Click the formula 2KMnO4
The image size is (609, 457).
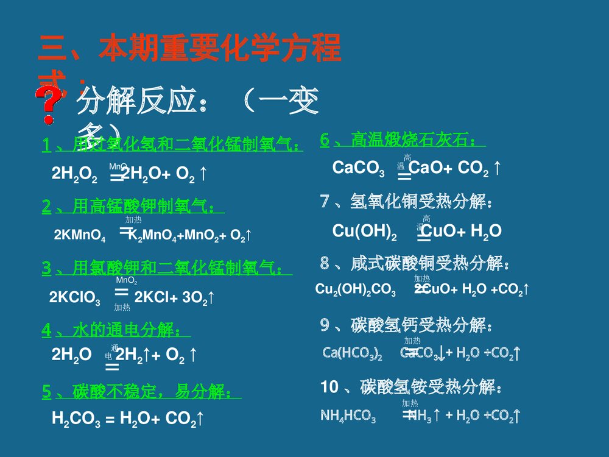[x=79, y=236]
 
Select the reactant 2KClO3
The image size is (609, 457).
[x=75, y=298]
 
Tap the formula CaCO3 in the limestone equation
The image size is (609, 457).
[x=358, y=169]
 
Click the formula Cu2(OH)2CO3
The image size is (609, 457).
[x=356, y=290]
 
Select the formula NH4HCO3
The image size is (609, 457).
[x=348, y=417]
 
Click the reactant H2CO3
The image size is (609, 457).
[x=76, y=419]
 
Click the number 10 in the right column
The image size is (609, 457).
[x=329, y=386]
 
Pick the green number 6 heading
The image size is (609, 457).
[x=325, y=140]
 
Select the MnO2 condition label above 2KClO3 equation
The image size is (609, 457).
[x=126, y=281]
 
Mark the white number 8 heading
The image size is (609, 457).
[x=325, y=264]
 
